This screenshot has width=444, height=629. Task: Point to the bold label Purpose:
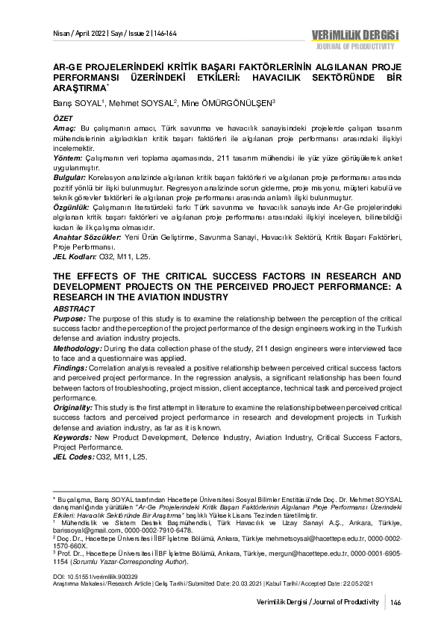click(69, 317)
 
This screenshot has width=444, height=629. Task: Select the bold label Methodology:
click(78, 347)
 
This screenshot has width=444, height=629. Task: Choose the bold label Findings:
click(69, 368)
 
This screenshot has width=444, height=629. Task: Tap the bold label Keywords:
click(71, 437)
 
